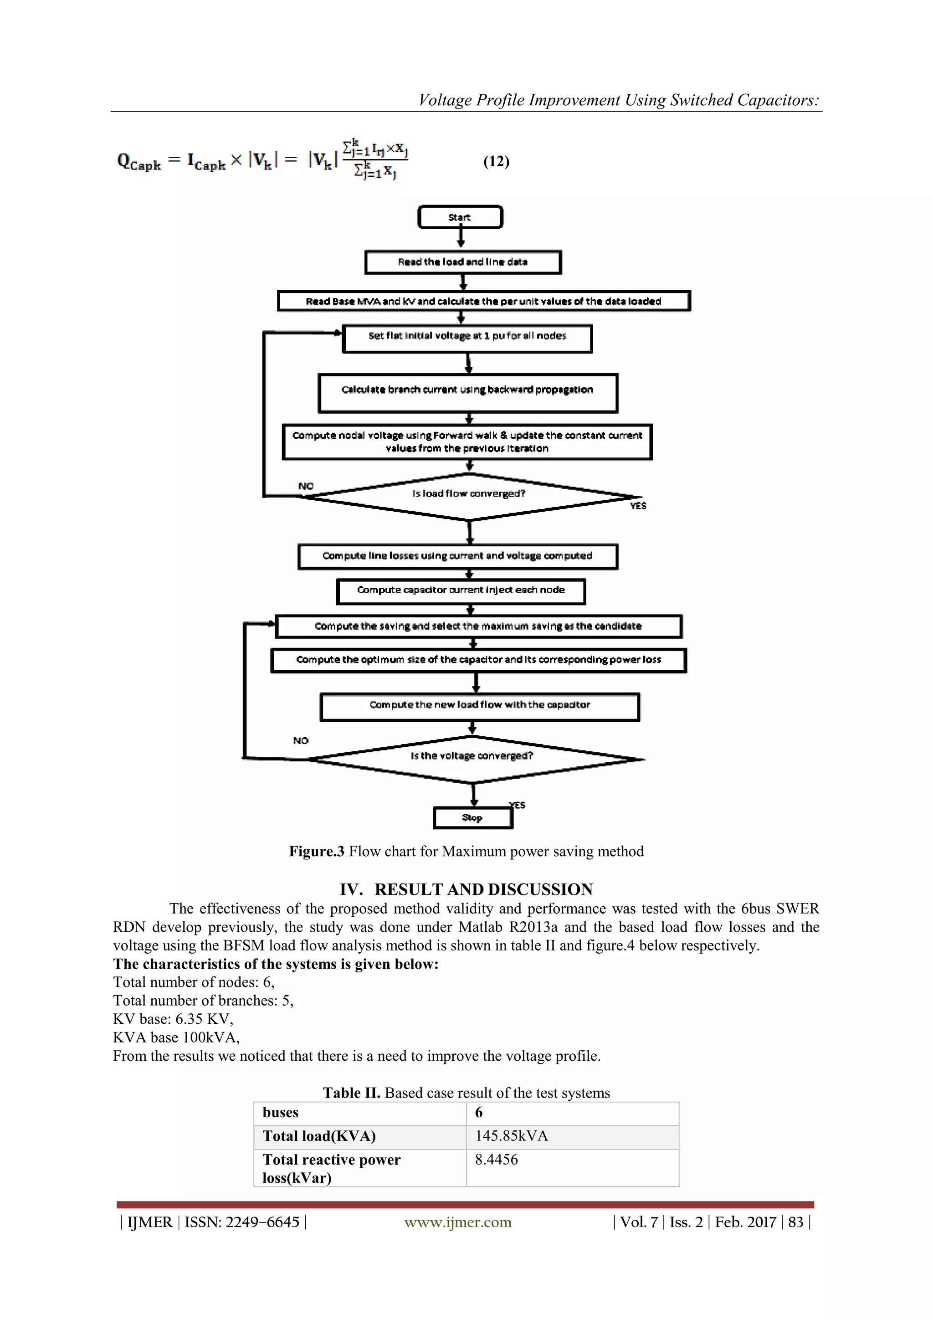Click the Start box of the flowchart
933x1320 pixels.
tap(460, 217)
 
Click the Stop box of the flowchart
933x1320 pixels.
tap(472, 817)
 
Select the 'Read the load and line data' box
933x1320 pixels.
tap(463, 262)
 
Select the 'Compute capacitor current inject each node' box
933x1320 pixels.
tap(461, 591)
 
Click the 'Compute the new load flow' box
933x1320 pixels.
tap(480, 706)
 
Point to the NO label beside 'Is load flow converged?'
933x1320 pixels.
tap(306, 486)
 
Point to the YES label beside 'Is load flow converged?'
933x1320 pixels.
tap(638, 506)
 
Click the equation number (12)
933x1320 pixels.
tap(496, 162)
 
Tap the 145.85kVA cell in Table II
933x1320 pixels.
tap(512, 1136)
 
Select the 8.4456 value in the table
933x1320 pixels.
tap(496, 1160)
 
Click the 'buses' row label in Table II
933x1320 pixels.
tap(281, 1113)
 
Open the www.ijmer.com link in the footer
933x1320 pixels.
tap(457, 1222)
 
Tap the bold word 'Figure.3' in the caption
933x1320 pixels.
tap(316, 852)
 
